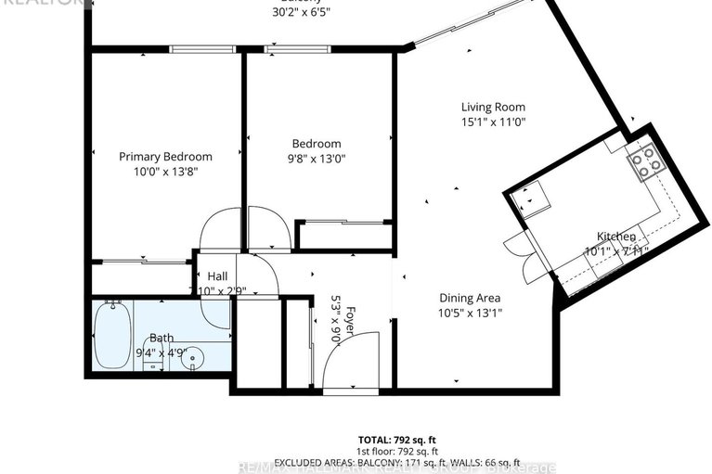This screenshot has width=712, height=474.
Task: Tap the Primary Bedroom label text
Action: coord(165,157)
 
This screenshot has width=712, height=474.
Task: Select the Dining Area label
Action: coord(470,298)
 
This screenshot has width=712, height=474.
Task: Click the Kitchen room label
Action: coord(615,237)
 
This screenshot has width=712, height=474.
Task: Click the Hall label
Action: coord(217,275)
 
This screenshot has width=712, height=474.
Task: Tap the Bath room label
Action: coord(162,338)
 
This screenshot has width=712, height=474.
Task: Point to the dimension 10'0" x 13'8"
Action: coord(165,172)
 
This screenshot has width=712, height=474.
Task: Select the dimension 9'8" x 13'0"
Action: coord(317,159)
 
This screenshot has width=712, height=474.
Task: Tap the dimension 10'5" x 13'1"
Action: coord(470,313)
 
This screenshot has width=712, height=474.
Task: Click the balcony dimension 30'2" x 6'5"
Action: coord(302,12)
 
